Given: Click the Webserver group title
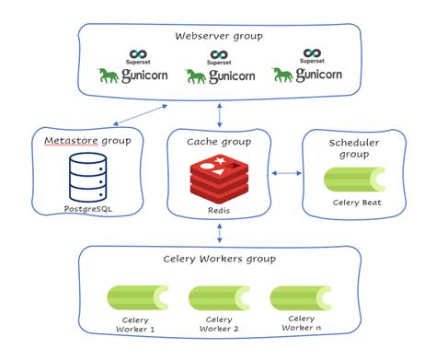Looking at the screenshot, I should click(x=218, y=36).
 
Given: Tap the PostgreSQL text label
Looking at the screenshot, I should click(x=88, y=210).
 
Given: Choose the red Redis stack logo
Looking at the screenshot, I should click(x=218, y=177).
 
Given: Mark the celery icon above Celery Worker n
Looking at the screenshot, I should click(x=300, y=296).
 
